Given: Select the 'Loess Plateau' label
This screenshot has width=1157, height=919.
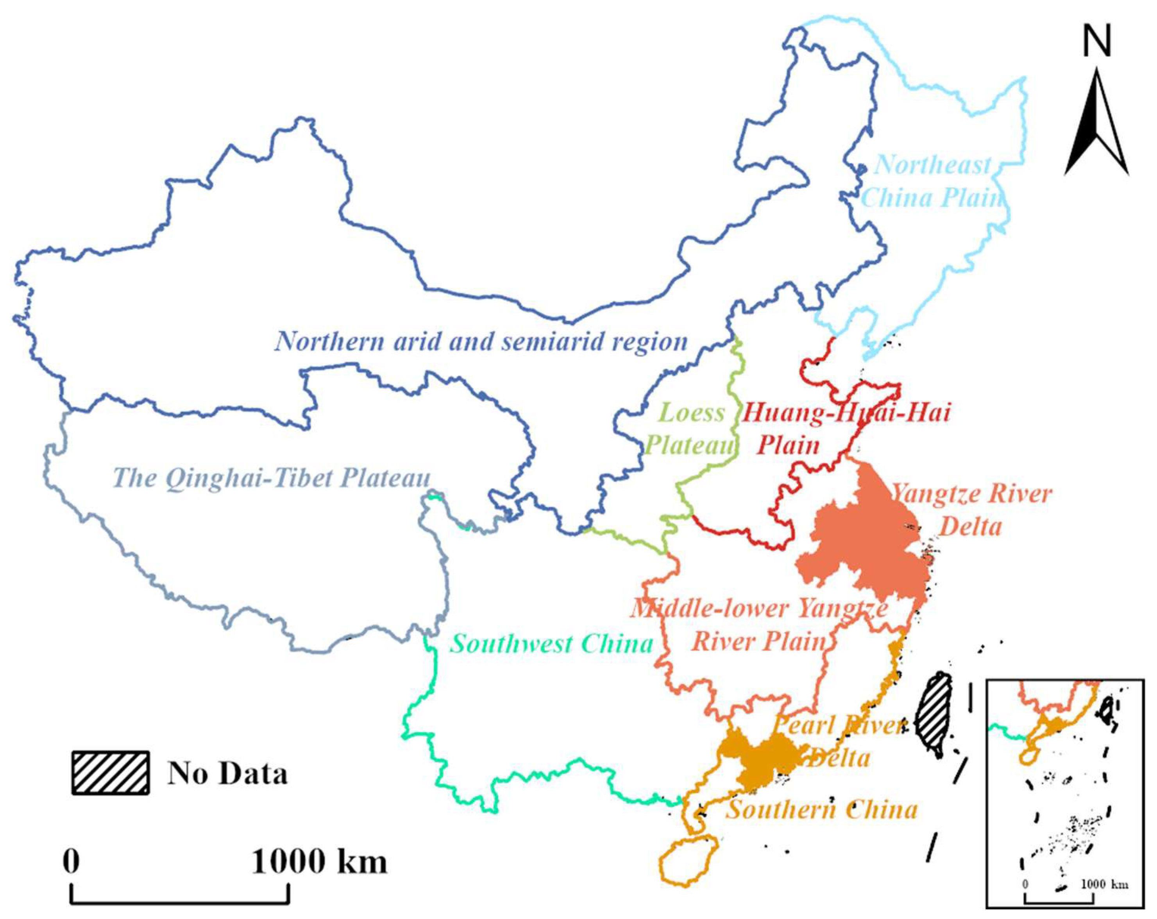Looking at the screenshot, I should click(x=690, y=429).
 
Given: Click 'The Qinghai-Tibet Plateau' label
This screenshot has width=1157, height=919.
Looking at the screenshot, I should click(x=272, y=478).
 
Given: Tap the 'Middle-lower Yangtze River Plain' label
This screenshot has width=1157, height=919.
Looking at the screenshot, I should click(x=759, y=626).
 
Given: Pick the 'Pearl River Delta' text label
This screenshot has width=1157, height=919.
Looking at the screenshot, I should click(x=840, y=742).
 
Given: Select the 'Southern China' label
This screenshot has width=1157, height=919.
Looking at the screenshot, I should click(x=821, y=810).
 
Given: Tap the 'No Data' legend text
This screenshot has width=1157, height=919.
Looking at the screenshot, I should click(x=227, y=774).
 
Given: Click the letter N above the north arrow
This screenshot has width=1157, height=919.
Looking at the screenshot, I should click(x=1096, y=42).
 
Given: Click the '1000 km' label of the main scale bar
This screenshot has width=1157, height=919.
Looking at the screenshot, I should click(x=319, y=862).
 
